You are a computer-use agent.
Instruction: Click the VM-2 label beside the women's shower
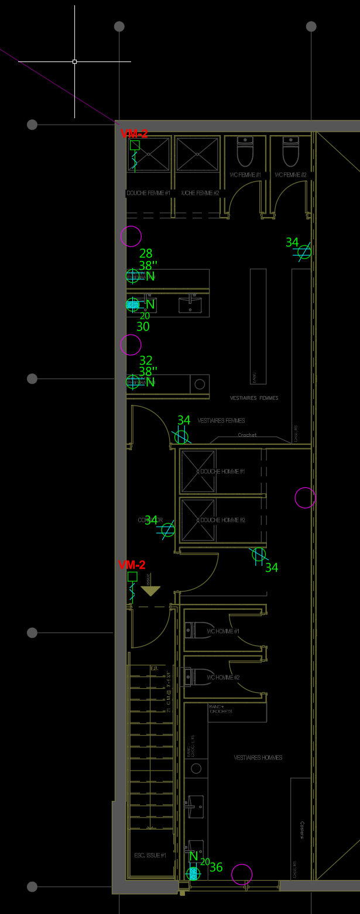(x=134, y=134)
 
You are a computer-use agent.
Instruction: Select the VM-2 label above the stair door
(x=132, y=565)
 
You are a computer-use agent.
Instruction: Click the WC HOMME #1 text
(x=223, y=631)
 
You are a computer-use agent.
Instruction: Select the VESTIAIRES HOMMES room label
(x=258, y=758)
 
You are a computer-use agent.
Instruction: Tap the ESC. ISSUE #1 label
(x=150, y=855)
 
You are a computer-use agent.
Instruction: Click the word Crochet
(x=247, y=435)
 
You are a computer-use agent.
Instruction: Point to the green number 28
(x=146, y=253)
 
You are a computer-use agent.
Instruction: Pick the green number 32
(x=146, y=360)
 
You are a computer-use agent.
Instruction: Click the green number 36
(x=216, y=868)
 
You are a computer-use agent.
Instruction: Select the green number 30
(x=143, y=327)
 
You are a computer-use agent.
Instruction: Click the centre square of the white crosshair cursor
(x=74, y=61)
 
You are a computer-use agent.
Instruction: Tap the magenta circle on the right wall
(x=305, y=498)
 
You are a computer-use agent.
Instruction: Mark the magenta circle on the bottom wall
(x=242, y=874)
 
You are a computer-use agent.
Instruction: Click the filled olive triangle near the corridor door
(x=150, y=591)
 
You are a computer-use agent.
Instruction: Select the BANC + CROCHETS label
(x=221, y=709)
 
